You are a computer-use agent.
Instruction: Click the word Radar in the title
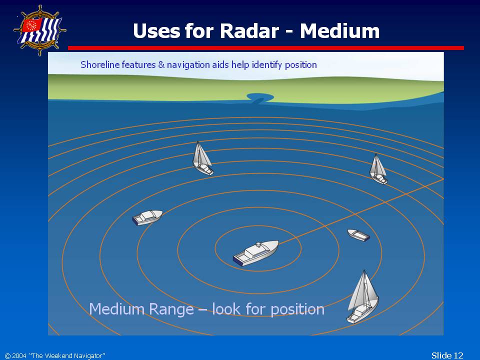[x=249, y=31]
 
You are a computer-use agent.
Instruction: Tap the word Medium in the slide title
[x=340, y=31]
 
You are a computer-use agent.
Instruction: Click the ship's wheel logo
[x=40, y=30]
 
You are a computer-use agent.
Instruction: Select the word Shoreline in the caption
[x=100, y=64]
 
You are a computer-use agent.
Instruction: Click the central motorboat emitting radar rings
[x=256, y=253]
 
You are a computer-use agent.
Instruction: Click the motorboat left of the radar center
[x=147, y=217]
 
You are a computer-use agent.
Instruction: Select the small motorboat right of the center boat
[x=358, y=235]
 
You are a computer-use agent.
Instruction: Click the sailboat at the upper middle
[x=202, y=158]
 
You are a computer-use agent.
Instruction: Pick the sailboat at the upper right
[x=378, y=169]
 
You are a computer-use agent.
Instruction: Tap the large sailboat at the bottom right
[x=362, y=297]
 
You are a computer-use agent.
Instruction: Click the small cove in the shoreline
[x=260, y=98]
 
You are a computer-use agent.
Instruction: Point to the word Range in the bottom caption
[x=171, y=309]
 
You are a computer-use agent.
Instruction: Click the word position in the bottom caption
[x=297, y=309]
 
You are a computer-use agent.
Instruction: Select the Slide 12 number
[x=447, y=355]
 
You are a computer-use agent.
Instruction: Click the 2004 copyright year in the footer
[x=19, y=355]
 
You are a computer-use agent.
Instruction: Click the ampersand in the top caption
[x=161, y=65]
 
